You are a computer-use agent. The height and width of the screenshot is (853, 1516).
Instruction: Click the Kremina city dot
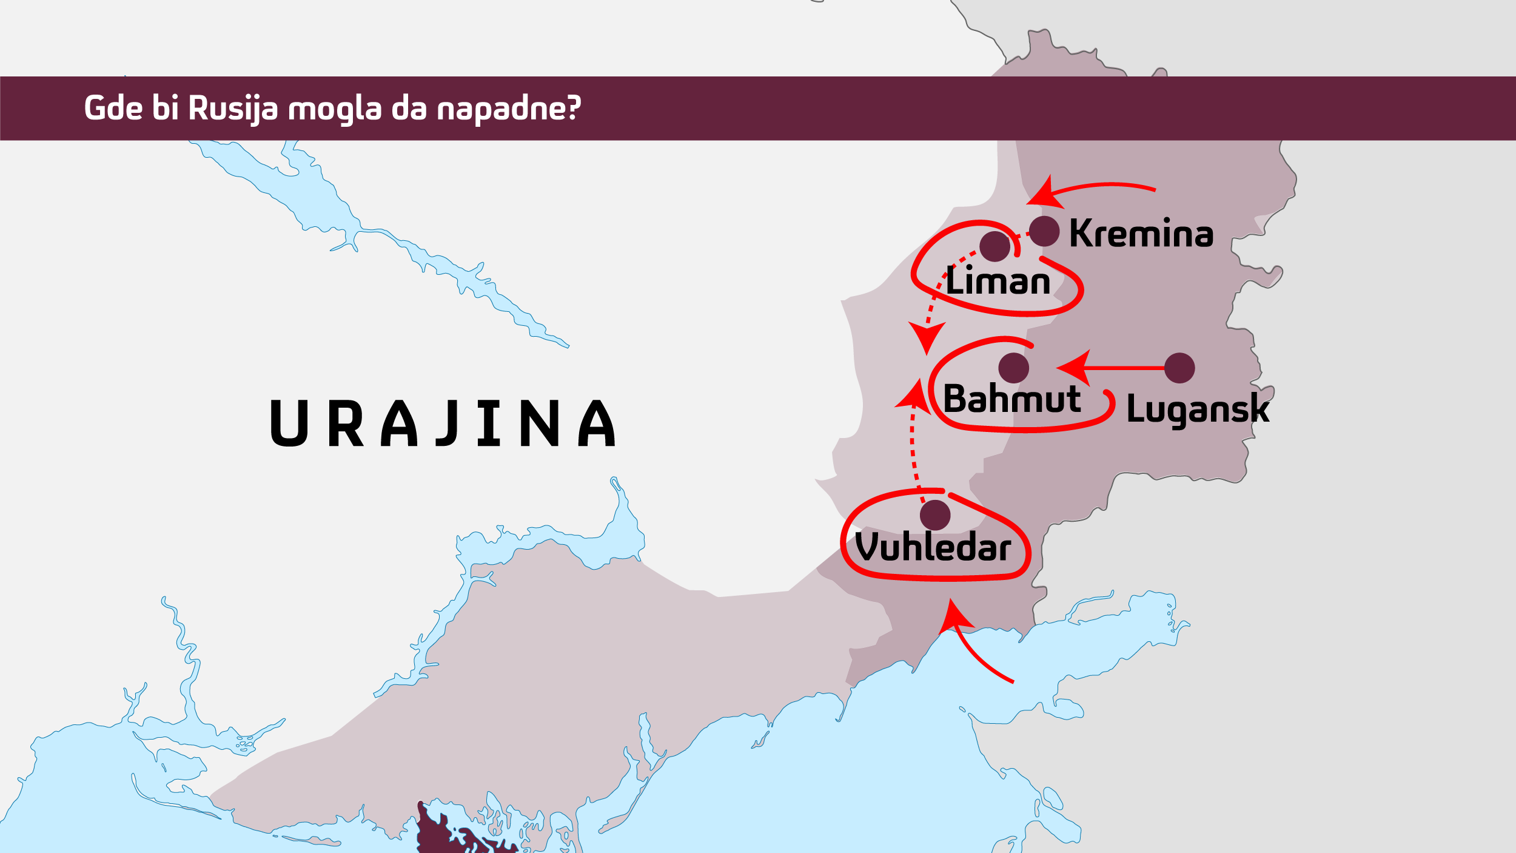[x=1044, y=231]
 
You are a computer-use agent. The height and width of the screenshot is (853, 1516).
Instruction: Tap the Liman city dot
[x=995, y=246]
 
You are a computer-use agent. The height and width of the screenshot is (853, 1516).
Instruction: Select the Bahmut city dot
[x=1013, y=368]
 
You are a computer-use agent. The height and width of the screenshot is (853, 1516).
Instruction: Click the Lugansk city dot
[x=1179, y=368]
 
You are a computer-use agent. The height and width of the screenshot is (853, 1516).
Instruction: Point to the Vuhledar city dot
[x=935, y=515]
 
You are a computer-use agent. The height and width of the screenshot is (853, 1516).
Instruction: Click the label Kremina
[x=1141, y=234]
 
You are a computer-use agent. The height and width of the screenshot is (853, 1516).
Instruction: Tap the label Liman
[x=998, y=282]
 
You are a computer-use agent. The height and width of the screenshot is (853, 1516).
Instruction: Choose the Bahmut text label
[x=1011, y=399]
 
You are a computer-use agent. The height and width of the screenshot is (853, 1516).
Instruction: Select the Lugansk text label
[x=1197, y=409]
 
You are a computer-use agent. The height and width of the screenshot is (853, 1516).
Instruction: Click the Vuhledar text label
[x=933, y=547]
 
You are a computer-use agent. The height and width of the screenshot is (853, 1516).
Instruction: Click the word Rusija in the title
[x=233, y=109]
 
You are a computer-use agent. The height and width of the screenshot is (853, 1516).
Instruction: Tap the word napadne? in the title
[x=509, y=109]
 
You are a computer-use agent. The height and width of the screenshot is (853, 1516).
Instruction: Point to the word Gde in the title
[x=113, y=109]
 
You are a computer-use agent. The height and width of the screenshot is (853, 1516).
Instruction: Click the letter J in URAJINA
[x=447, y=423]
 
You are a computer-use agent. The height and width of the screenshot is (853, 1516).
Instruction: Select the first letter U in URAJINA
[x=289, y=423]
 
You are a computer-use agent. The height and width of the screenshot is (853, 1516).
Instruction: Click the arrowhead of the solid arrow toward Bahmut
[x=1075, y=368]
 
